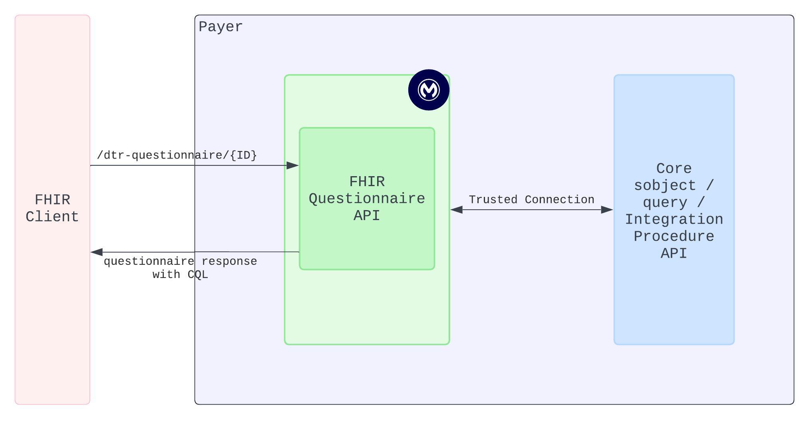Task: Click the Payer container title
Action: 221,27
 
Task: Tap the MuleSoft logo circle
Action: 429,90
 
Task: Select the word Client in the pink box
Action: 52,217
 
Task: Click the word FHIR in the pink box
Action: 52,200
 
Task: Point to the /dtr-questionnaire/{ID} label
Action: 177,155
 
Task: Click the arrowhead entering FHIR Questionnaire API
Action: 293,165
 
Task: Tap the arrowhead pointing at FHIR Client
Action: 97,252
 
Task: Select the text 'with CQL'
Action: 180,274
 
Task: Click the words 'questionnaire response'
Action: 180,261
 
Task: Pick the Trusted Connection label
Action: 531,199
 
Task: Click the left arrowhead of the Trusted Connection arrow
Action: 457,210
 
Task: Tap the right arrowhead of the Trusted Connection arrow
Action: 607,210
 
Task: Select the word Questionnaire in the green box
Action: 367,199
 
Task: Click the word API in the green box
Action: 367,215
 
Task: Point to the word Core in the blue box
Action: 674,169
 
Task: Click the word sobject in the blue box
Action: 665,186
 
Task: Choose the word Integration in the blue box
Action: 674,219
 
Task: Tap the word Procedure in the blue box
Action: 674,236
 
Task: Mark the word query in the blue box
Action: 665,203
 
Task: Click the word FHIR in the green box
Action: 367,182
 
